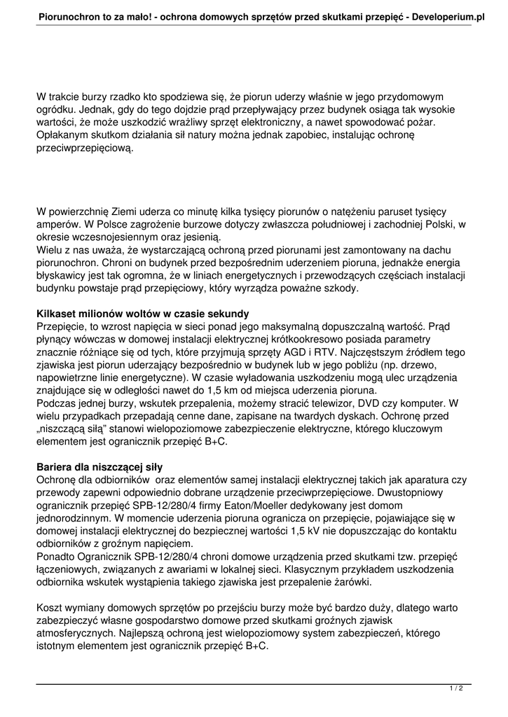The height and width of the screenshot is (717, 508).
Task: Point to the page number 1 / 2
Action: point(456,689)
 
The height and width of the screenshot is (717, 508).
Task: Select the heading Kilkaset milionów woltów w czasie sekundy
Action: point(142,314)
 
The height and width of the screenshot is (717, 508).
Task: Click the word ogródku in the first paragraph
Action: point(55,109)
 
